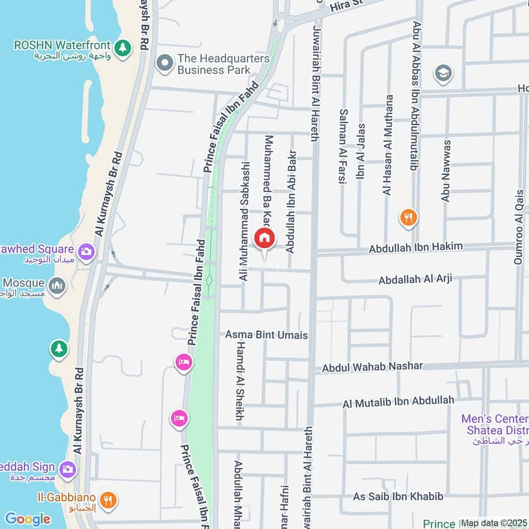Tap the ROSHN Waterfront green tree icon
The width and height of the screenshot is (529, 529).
tap(122, 47)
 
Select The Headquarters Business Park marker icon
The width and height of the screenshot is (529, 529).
tap(164, 63)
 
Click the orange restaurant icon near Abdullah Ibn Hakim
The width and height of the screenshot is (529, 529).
tap(409, 216)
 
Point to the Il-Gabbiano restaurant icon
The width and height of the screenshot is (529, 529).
tap(110, 499)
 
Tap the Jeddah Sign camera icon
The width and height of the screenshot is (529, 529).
tap(67, 469)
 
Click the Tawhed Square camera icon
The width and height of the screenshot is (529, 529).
tap(85, 251)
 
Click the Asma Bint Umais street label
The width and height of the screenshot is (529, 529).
tap(266, 335)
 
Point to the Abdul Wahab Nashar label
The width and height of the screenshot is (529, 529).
tap(372, 367)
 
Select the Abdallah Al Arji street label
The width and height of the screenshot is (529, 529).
tap(415, 280)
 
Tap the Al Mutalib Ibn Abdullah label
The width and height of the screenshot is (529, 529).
tap(398, 401)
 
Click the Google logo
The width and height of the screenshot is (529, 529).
tap(28, 518)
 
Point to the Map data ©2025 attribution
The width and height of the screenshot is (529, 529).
tap(494, 523)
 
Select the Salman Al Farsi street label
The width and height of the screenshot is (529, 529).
tap(343, 145)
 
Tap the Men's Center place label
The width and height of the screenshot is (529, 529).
tap(495, 419)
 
